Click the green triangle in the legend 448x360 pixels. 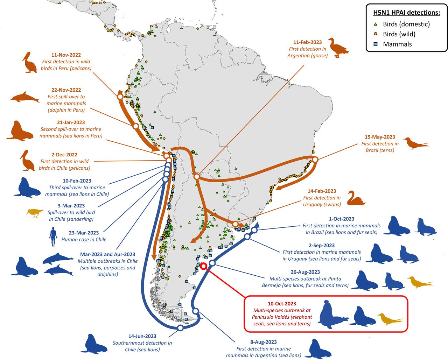coord(376,24)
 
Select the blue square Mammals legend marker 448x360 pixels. coord(376,44)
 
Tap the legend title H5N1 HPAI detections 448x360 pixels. coord(406,13)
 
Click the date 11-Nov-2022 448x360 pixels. coord(66,55)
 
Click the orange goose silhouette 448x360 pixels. coord(338,48)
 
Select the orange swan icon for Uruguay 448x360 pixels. coord(356,198)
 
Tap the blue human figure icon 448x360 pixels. coord(53,237)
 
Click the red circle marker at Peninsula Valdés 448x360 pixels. coord(203,267)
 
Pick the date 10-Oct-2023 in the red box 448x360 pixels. coord(282,304)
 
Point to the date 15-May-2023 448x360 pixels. coord(380,137)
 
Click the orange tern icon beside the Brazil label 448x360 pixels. coord(415,143)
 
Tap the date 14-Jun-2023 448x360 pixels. coord(142,336)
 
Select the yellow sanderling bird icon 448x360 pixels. coord(35,213)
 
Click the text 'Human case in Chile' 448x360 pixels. coord(84,240)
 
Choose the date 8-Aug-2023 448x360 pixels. coord(263,342)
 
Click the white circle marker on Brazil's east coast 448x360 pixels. coord(315,160)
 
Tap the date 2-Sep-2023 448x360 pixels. coord(322,245)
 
